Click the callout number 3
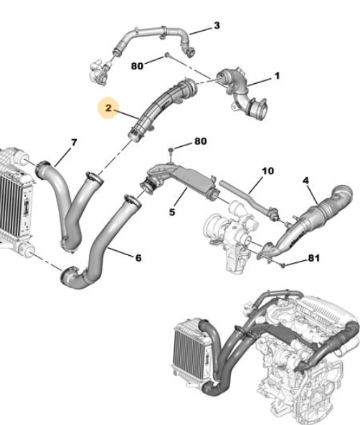coord(217,26)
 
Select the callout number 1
coord(277,76)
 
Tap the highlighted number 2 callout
coord(108,108)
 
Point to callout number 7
coord(74,143)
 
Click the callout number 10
coord(267,171)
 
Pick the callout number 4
coord(305,181)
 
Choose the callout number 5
coord(172,212)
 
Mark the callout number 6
coord(138,258)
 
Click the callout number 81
coord(313,258)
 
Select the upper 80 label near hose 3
coord(137,66)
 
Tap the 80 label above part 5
coord(201,141)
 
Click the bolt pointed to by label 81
coord(283,265)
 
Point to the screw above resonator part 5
coord(171,153)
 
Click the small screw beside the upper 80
coord(167,55)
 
